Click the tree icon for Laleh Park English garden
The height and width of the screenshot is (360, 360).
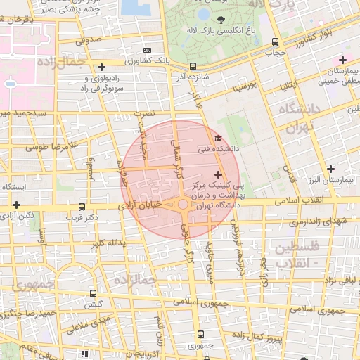click(x=221, y=20)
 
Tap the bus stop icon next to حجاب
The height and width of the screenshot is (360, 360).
click(x=275, y=41)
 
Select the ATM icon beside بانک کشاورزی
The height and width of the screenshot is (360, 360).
click(x=147, y=51)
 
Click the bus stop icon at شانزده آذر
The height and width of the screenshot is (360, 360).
click(x=193, y=67)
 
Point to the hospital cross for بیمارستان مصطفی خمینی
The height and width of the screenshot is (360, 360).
click(x=342, y=60)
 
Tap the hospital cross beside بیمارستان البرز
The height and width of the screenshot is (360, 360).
click(x=330, y=169)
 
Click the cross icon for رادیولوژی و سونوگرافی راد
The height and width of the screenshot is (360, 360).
click(x=101, y=67)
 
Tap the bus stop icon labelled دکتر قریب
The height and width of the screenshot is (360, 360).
click(x=82, y=207)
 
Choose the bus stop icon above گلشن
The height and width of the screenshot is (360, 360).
click(x=93, y=294)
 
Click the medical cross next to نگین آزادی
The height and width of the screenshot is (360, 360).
click(x=16, y=205)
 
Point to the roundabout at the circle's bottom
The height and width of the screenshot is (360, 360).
click(x=183, y=205)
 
